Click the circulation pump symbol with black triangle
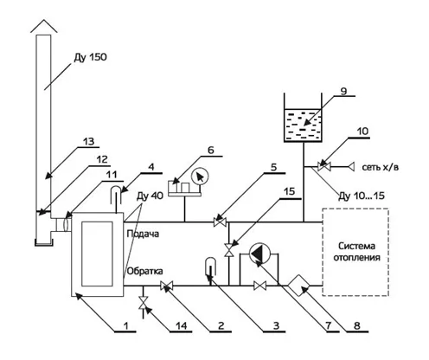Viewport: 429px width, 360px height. pyautogui.click(x=259, y=254)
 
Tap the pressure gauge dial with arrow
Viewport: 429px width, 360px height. pyautogui.click(x=200, y=176)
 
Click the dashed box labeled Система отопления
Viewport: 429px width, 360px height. pyautogui.click(x=355, y=252)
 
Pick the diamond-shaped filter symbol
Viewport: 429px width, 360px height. pyautogui.click(x=298, y=285)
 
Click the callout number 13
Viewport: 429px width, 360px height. pyautogui.click(x=88, y=142)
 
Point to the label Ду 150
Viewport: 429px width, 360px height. pyautogui.click(x=90, y=57)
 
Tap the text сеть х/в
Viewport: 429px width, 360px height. pyautogui.click(x=381, y=167)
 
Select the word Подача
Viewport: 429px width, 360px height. pyautogui.click(x=143, y=234)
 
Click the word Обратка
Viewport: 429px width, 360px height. pyautogui.click(x=144, y=271)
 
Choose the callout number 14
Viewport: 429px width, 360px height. pyautogui.click(x=181, y=325)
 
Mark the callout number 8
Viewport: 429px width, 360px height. pyautogui.click(x=357, y=325)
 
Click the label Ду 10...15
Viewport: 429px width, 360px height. pyautogui.click(x=362, y=196)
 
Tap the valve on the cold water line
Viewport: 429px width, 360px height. pyautogui.click(x=323, y=166)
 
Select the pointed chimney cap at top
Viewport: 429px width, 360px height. pyautogui.click(x=44, y=26)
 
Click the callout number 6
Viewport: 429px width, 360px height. pyautogui.click(x=211, y=150)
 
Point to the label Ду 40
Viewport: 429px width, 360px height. pyautogui.click(x=150, y=196)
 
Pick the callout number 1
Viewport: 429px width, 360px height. pyautogui.click(x=125, y=325)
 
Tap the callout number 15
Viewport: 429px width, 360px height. pyautogui.click(x=289, y=191)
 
